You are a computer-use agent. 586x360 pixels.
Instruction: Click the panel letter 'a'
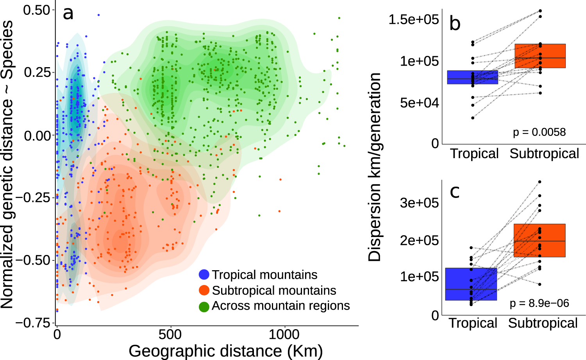pos(68,14)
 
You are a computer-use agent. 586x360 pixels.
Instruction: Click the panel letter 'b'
pos(455,23)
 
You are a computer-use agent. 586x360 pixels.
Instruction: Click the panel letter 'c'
pos(455,192)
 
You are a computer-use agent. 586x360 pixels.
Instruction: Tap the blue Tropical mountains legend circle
pos(204,275)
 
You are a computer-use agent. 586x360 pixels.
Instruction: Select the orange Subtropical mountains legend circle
pos(204,290)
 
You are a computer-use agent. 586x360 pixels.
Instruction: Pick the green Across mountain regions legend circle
pos(204,307)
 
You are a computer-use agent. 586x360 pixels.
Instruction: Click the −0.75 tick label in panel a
pos(33,323)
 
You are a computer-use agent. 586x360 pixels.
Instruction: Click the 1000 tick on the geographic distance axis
pos(285,335)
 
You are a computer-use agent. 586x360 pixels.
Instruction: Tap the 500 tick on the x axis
pos(170,335)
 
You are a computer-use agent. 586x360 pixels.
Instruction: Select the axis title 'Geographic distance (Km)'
pos(225,351)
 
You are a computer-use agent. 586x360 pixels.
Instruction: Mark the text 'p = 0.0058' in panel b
pos(539,132)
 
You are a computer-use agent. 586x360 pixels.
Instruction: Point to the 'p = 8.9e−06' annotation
pos(539,303)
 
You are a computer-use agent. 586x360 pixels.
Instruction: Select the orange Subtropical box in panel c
pos(540,241)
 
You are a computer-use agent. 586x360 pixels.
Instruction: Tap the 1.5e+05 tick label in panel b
pos(413,20)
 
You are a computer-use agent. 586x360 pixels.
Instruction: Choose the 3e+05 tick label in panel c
pos(419,203)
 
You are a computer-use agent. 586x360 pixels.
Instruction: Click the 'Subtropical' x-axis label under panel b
pos(544,154)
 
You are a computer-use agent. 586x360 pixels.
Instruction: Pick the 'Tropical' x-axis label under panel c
pos(473,323)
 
